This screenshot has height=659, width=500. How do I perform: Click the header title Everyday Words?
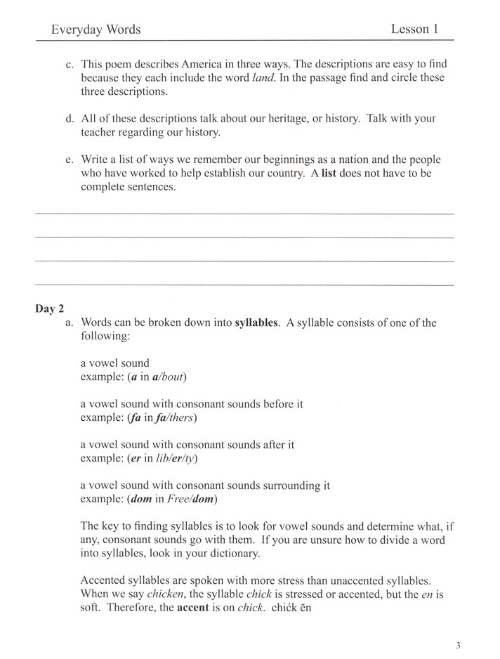pyautogui.click(x=96, y=30)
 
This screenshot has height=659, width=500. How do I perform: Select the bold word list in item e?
pyautogui.click(x=329, y=174)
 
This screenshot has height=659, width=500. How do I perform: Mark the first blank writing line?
pyautogui.click(x=244, y=213)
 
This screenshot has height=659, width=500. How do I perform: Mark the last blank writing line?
pyautogui.click(x=244, y=285)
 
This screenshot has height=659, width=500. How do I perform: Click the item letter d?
pyautogui.click(x=69, y=119)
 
